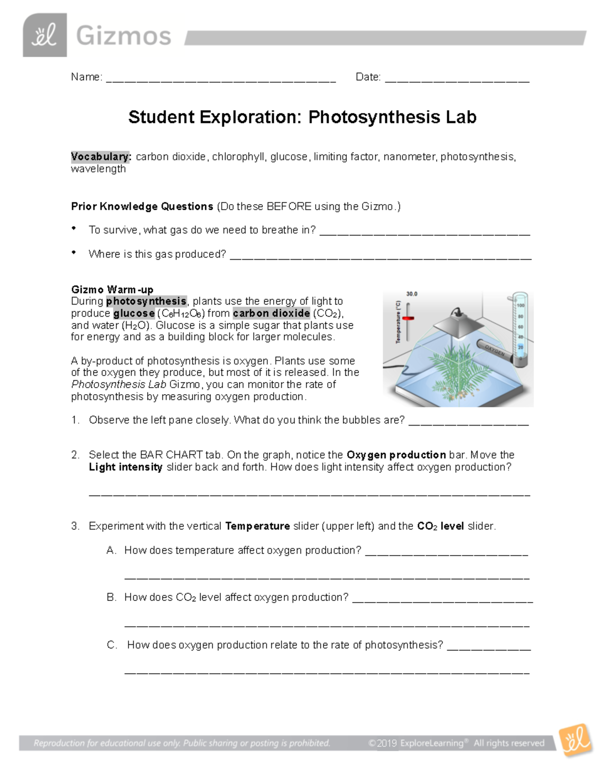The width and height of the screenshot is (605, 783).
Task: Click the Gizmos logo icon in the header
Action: point(44,35)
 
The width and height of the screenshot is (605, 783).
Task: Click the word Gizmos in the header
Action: point(124,36)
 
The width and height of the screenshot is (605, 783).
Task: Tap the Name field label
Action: point(86,77)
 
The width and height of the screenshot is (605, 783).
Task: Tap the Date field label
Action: point(368,77)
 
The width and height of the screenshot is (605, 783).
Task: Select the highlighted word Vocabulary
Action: point(101,157)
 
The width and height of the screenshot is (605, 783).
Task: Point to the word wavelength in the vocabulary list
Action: point(98,169)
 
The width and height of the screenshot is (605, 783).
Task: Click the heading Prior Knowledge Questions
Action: point(142,207)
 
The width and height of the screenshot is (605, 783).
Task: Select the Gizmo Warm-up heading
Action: point(112,289)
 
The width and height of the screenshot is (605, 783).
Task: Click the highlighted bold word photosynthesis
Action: point(146,302)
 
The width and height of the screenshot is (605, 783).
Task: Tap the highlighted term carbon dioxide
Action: point(271,313)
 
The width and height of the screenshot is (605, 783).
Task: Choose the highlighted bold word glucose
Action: point(134,313)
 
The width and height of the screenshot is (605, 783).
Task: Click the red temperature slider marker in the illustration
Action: point(407,319)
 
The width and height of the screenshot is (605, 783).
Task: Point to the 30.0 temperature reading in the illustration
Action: point(412,294)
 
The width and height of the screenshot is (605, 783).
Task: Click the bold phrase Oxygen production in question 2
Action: point(396,455)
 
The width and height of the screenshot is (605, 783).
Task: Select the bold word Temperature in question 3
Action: point(257,526)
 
